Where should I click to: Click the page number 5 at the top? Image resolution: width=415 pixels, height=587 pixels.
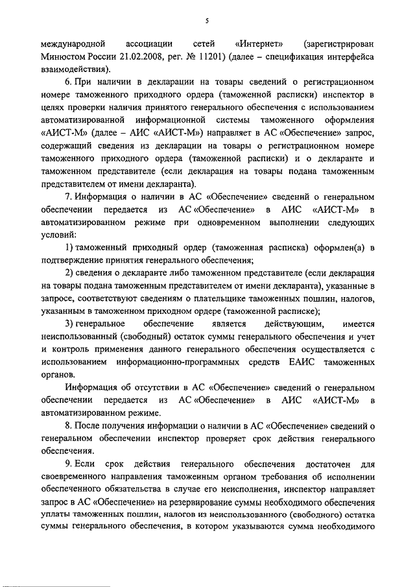click(206, 21)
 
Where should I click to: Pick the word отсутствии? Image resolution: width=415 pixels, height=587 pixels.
click(149, 387)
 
